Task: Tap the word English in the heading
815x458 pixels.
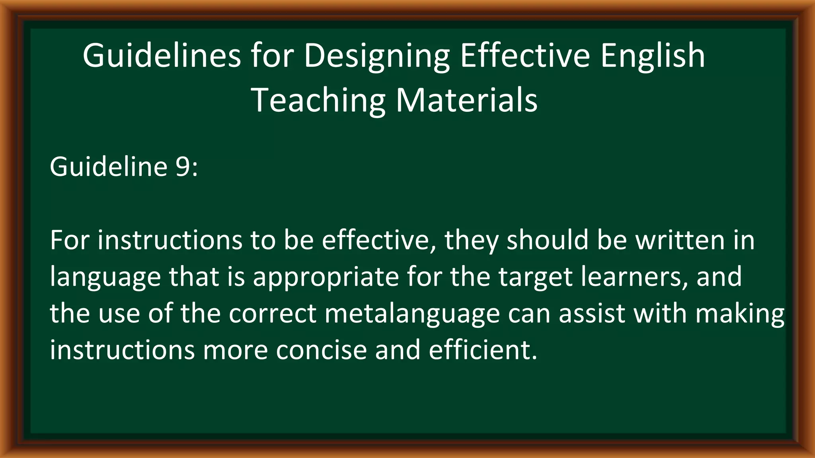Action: coord(653,56)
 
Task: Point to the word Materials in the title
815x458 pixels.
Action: coord(466,100)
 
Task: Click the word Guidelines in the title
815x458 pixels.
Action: coord(162,56)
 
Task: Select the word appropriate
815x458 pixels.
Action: coord(326,277)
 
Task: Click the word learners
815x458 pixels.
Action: coord(634,277)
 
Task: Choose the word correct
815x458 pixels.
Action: coord(273,313)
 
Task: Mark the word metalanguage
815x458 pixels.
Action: coord(412,313)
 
